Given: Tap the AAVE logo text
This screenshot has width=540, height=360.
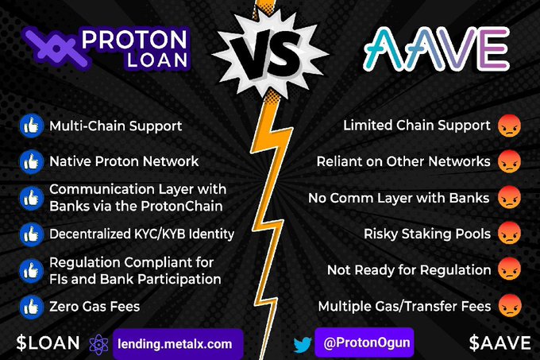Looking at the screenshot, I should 436,50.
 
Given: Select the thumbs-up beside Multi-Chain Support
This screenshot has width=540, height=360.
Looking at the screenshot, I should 30,126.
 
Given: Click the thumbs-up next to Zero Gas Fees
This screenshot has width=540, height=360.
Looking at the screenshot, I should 30,305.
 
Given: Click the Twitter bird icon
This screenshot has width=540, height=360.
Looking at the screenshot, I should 303,344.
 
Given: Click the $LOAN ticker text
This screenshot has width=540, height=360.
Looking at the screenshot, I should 48,343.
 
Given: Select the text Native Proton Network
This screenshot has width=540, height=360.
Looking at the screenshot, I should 124,161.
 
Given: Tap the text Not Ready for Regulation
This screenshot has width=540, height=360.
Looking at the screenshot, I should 407,270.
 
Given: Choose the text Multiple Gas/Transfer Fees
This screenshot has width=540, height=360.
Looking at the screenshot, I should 403,305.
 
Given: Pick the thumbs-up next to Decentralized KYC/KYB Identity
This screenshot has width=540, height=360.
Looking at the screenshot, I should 30,234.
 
